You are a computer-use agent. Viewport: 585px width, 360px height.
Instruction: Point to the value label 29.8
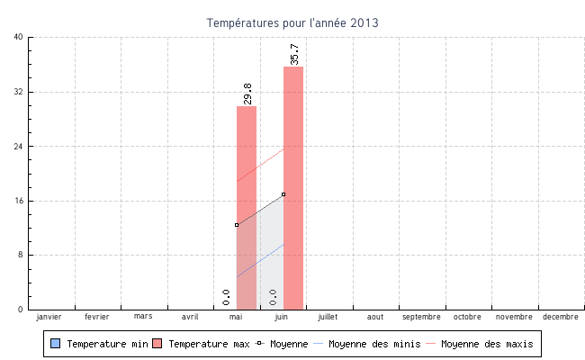(x=247, y=94)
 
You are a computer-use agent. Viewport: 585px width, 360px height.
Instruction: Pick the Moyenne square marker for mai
(x=237, y=225)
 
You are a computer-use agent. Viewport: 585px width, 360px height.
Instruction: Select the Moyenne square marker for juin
(x=283, y=194)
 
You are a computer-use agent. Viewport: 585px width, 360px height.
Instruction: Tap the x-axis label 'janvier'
(x=49, y=317)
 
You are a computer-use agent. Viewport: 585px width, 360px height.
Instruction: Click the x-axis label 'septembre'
(x=421, y=317)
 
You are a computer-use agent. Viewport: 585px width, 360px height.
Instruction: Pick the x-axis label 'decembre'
(x=561, y=317)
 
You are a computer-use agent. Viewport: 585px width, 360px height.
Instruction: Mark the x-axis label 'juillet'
(x=328, y=317)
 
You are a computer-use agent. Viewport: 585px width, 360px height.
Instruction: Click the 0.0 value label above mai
(x=226, y=297)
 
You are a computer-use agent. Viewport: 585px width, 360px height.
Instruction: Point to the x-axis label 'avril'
(x=190, y=317)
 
